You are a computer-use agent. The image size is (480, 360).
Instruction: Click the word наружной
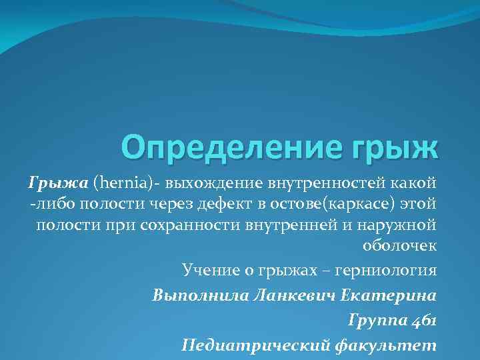(399, 224)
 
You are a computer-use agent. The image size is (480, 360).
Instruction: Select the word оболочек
(399, 245)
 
